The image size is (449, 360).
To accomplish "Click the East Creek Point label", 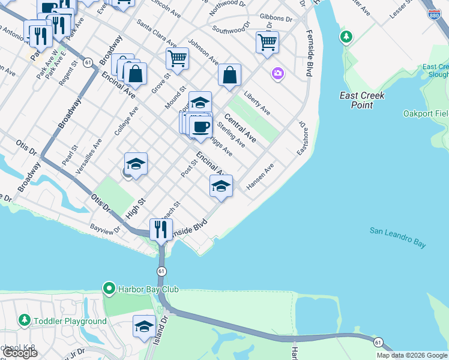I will point(362,100).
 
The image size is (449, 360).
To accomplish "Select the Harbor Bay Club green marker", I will point(109,289).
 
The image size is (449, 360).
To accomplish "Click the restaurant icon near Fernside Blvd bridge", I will point(161,229).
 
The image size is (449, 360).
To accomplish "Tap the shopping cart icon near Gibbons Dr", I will point(267,42).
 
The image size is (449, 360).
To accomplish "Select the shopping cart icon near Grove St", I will point(177,58).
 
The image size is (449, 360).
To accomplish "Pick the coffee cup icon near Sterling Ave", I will point(200,126).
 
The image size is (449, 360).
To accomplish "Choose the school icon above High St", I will point(136,163).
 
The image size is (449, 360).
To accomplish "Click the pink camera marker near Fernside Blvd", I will point(277,74).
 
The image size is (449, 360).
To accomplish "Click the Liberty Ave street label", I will point(257,103).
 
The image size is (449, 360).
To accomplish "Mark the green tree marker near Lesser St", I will point(346,37).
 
